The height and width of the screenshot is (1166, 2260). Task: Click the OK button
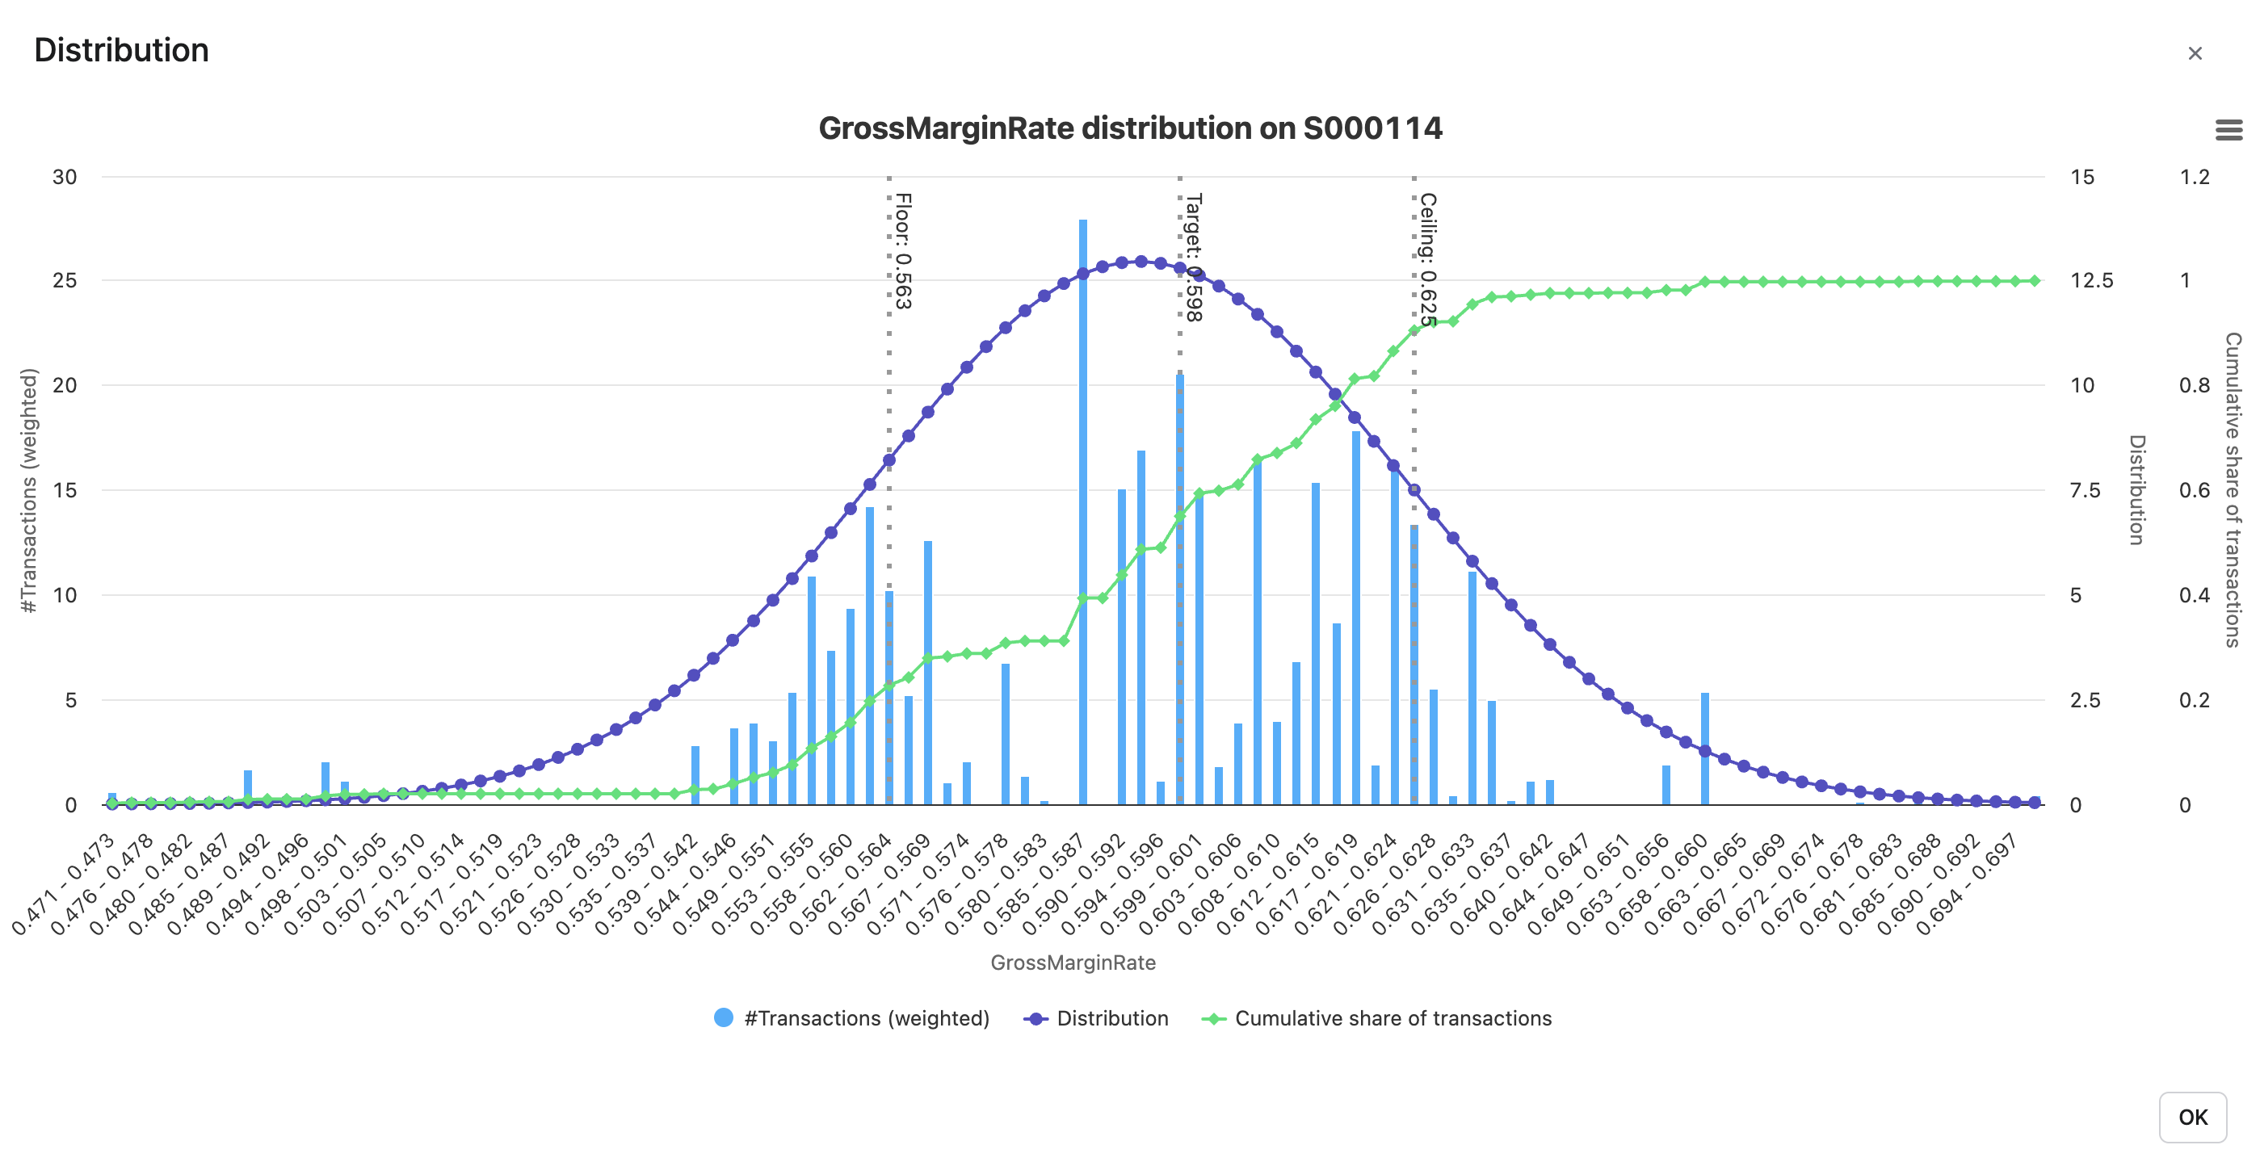[2191, 1117]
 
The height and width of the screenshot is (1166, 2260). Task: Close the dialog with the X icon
[2195, 53]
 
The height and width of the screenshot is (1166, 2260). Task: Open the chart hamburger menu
[2228, 131]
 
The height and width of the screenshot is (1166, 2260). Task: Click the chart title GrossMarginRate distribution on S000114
[1129, 128]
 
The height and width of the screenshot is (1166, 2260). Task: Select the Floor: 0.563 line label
[903, 251]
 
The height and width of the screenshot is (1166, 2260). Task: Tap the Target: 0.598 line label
[1193, 257]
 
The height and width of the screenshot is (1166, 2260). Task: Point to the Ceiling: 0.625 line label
[1427, 260]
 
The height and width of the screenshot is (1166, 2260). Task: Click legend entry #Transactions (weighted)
[853, 1017]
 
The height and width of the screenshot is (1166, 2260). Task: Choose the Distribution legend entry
[1097, 1017]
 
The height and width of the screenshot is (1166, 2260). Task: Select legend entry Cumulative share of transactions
[1377, 1017]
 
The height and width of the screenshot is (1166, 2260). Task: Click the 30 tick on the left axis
[65, 177]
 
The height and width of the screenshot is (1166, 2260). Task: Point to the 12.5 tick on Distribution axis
[2091, 281]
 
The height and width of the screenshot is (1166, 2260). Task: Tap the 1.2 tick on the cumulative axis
[2195, 177]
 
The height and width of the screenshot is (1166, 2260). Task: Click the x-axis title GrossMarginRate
[1072, 963]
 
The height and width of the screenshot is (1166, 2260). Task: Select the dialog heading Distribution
[121, 50]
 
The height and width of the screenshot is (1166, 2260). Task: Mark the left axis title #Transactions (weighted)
[29, 490]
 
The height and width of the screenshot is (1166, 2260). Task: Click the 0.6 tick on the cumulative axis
[2195, 490]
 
